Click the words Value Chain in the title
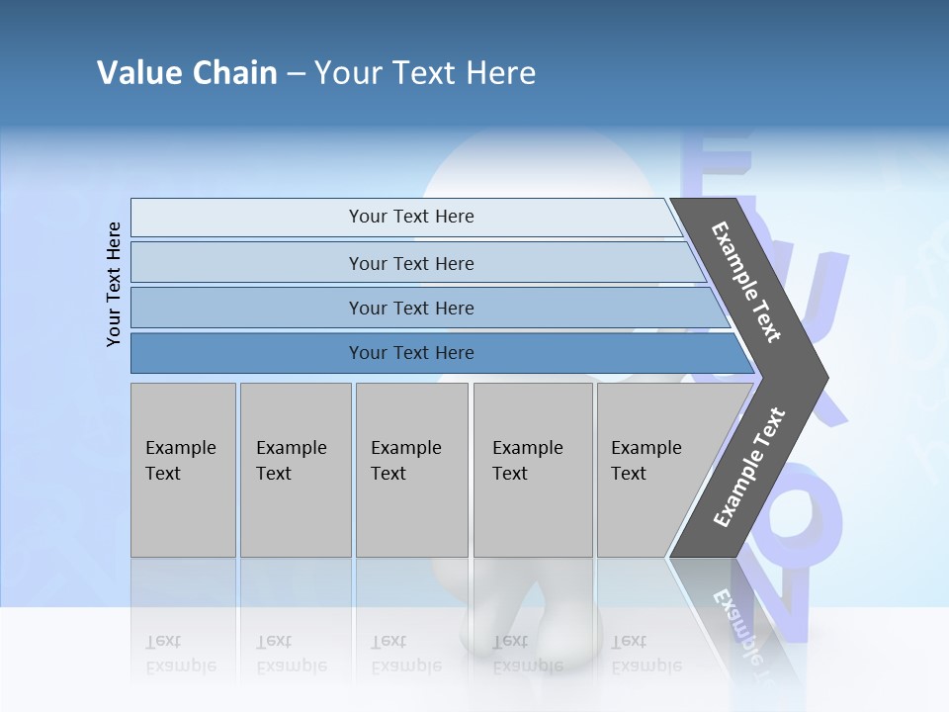[187, 73]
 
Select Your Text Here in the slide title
[425, 73]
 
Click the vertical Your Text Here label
[114, 284]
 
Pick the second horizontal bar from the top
[410, 263]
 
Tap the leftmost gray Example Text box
[183, 470]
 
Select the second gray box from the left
[296, 470]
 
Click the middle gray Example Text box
[411, 470]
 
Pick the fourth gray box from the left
[533, 470]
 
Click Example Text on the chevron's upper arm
[746, 282]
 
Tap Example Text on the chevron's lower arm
[749, 467]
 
